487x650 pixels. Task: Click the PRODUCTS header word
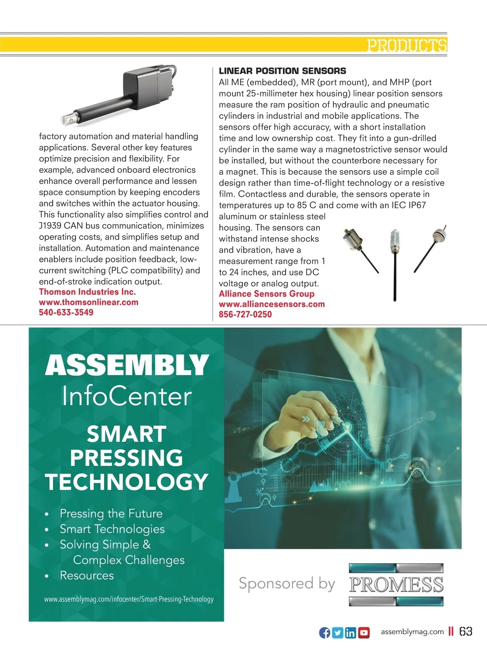tap(407, 45)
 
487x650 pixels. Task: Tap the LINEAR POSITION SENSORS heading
tap(282, 71)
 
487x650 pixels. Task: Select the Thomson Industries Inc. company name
tap(87, 292)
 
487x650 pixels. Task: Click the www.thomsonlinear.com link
tap(88, 302)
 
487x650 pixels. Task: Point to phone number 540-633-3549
tap(66, 312)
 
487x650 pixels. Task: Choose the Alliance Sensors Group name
tap(267, 294)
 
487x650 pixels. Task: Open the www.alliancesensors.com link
tap(272, 304)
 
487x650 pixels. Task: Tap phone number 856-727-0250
tap(245, 314)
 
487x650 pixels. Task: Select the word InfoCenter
tap(127, 397)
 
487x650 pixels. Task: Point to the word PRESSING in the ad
tap(127, 458)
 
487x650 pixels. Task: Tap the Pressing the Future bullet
tap(111, 513)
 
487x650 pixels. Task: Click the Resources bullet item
tap(86, 575)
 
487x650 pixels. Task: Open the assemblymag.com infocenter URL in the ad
tap(129, 599)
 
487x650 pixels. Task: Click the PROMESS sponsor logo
tap(396, 584)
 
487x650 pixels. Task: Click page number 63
tap(466, 632)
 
